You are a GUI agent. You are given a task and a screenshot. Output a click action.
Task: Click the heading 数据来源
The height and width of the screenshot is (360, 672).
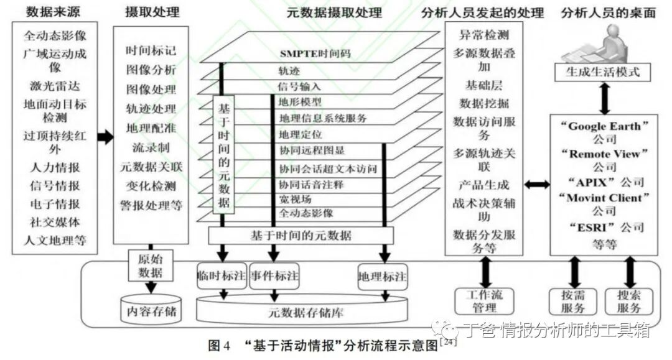55,11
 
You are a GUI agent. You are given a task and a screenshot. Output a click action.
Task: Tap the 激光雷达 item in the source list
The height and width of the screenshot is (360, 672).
55,85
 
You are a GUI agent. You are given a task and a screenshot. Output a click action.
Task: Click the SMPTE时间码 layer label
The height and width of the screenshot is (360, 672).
315,53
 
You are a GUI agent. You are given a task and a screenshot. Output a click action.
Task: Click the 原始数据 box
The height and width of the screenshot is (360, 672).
151,266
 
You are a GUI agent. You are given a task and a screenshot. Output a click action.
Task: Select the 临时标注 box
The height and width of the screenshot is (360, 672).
222,276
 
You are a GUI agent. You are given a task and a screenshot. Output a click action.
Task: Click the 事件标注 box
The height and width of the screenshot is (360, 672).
273,276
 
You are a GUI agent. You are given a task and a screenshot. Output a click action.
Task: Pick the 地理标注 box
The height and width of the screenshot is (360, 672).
383,276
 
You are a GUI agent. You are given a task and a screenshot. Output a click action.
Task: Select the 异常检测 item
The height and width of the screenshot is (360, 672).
484,35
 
